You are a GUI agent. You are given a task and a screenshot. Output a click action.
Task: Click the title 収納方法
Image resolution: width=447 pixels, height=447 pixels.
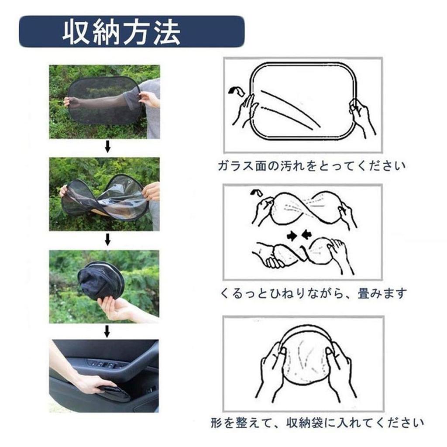coord(121,32)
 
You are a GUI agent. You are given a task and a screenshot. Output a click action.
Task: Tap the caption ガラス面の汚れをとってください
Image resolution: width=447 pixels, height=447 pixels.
coord(311,166)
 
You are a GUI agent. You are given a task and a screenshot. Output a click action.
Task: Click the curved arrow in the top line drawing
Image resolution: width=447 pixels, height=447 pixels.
coord(237,91)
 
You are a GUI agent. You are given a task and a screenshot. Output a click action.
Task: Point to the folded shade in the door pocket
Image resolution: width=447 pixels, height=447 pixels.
coord(113,392)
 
